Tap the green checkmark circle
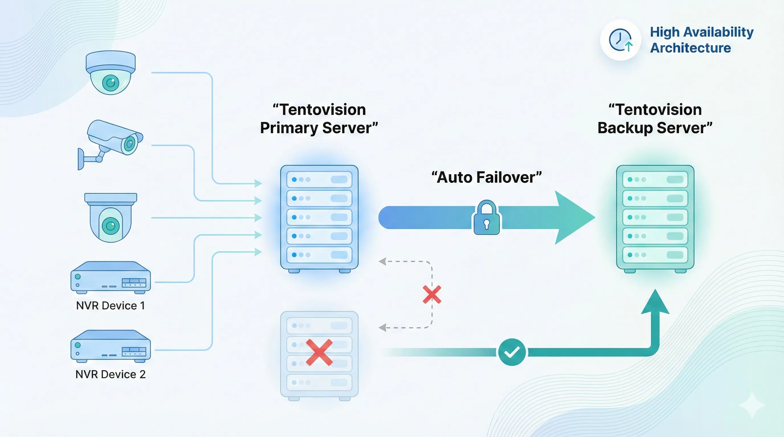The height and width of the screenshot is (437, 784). [512, 352]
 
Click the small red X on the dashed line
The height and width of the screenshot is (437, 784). [432, 294]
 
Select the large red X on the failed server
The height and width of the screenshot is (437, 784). [319, 352]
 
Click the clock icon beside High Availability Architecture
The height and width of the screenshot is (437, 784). [620, 40]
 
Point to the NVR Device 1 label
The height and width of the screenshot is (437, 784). [110, 305]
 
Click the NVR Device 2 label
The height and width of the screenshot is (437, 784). [110, 374]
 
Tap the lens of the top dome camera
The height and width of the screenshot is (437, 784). [110, 83]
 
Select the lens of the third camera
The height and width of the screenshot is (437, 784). [111, 226]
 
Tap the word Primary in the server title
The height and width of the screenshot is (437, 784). [289, 128]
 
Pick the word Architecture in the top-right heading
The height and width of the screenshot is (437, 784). [690, 48]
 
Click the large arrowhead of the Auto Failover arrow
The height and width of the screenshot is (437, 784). [572, 218]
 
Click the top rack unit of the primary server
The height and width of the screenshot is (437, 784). [319, 179]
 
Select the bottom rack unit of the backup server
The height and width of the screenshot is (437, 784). [655, 255]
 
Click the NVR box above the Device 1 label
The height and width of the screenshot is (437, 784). [111, 277]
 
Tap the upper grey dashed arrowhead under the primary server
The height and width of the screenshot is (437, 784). [383, 261]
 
